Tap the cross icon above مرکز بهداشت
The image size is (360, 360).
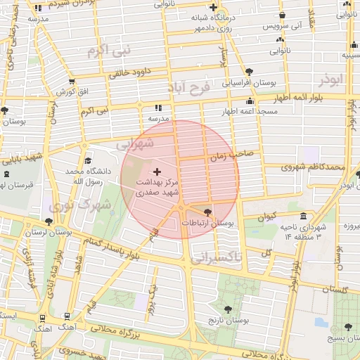(x=156, y=171)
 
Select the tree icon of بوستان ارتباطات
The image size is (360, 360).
(x=207, y=212)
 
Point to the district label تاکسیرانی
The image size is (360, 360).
(x=216, y=259)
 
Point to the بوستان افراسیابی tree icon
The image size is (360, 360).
(x=250, y=71)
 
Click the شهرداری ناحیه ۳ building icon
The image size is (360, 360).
(x=303, y=216)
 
